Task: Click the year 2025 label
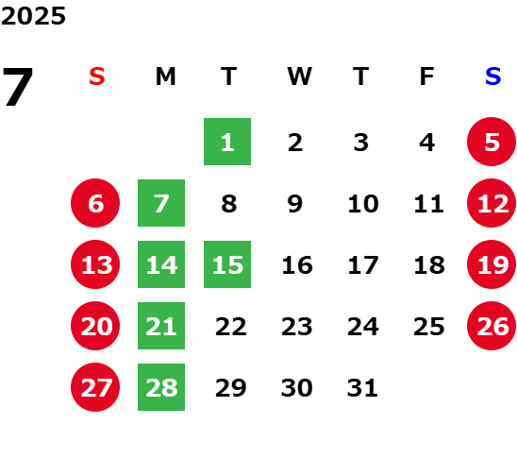point(33,16)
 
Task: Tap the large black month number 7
point(18,87)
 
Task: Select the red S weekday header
point(97,76)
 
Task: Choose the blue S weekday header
point(492,76)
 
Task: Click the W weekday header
point(299,76)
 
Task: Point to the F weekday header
point(426,76)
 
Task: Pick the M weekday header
point(165,76)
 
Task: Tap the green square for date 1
point(227,142)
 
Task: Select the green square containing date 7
point(161,203)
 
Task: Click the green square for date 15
point(227,264)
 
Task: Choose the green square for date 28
point(161,387)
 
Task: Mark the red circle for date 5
point(492,142)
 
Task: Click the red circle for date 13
point(95,264)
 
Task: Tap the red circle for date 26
point(492,326)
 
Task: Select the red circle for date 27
point(95,387)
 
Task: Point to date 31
point(362,387)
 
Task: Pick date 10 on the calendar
point(363,203)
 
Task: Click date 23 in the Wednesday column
point(297,326)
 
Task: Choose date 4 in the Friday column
point(427,143)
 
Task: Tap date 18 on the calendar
point(429,264)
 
